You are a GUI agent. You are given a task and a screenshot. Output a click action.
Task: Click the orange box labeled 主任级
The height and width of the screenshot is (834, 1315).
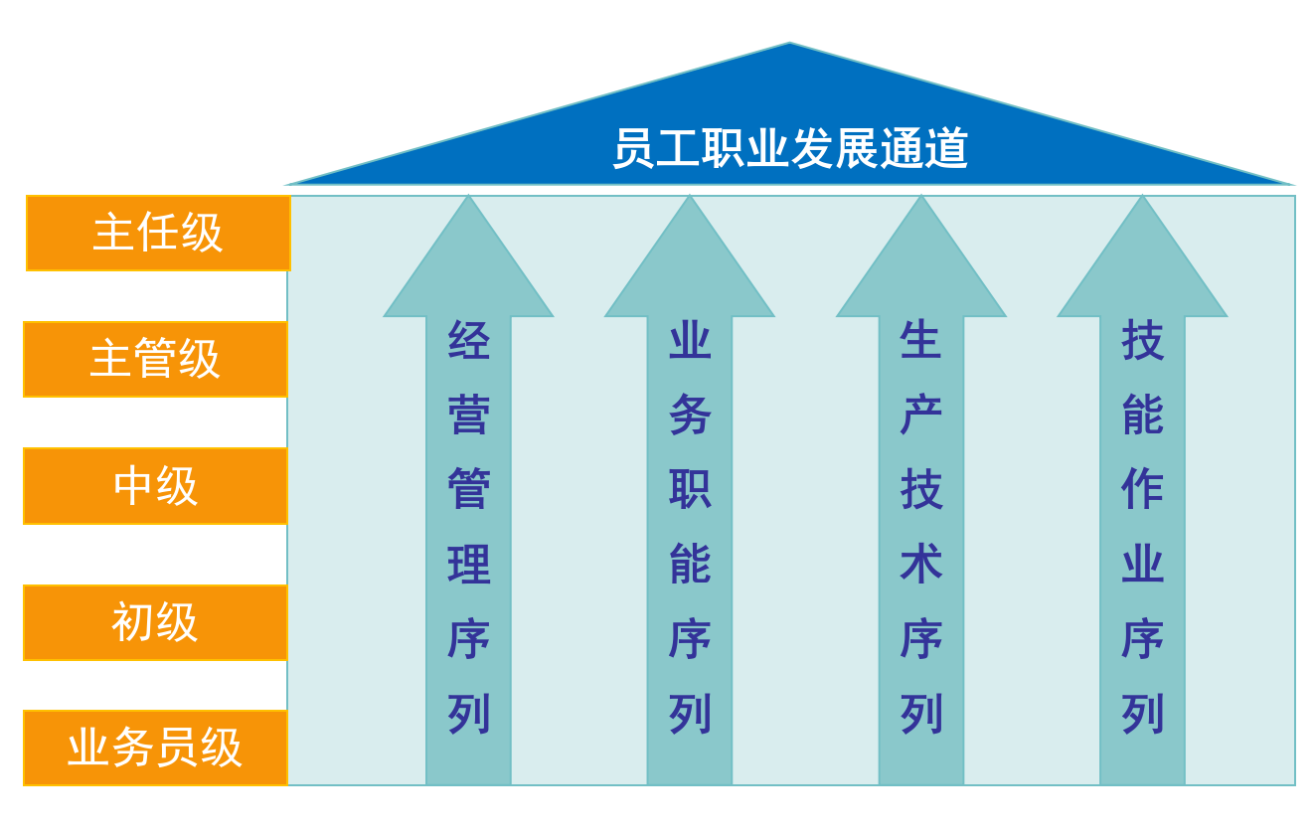pos(158,233)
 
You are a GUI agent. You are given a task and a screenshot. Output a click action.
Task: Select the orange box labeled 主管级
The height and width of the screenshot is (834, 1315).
pos(156,359)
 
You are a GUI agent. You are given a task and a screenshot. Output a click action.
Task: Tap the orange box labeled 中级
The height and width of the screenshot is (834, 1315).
pos(156,486)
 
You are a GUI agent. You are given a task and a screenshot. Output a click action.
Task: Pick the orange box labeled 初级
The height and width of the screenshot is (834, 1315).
pos(156,622)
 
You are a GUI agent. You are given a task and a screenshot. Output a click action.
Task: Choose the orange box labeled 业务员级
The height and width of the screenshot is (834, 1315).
pos(156,748)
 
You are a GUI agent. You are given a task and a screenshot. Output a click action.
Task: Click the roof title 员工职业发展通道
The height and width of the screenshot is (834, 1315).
pos(790,148)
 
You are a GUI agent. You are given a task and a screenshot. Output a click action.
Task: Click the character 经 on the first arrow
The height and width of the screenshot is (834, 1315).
pos(468,340)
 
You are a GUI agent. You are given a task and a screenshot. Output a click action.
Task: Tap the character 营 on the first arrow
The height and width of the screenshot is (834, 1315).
pos(468,415)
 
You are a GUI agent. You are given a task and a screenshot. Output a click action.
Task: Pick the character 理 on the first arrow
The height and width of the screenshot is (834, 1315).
pos(468,564)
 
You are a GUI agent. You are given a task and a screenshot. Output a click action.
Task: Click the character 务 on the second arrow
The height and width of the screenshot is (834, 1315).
pos(690,415)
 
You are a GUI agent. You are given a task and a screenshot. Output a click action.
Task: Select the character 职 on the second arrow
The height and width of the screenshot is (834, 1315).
pos(690,488)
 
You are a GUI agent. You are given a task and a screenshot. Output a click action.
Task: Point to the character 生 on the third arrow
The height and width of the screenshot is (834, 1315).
pos(921,340)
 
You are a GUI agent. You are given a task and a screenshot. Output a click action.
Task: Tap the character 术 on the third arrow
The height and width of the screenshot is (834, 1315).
pos(921,564)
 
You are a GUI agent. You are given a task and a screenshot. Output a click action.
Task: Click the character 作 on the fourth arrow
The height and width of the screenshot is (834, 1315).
pos(1142,488)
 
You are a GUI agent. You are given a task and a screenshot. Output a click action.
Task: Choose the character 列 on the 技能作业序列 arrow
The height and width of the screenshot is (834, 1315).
pos(1142,714)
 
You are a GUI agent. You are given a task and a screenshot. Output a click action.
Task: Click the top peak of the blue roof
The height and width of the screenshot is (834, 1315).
pos(789,43)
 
